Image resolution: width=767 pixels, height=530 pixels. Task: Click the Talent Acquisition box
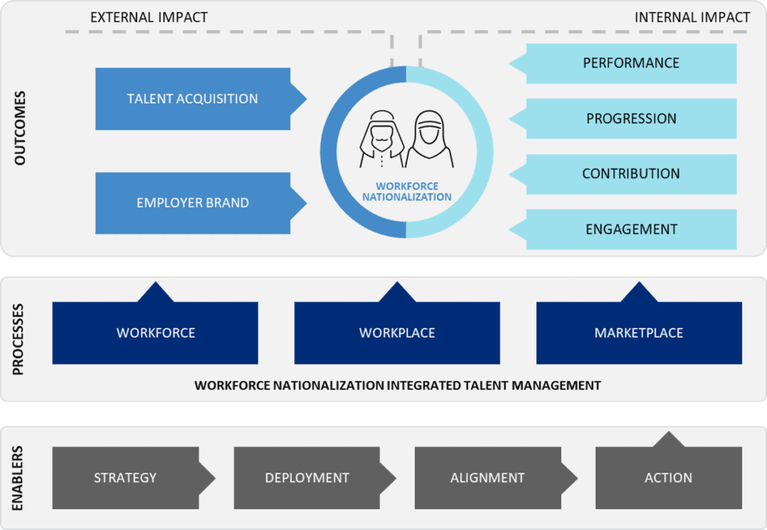coord(192,99)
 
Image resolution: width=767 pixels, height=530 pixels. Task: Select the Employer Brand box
coord(192,203)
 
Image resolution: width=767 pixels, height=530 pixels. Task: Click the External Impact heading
coord(149,18)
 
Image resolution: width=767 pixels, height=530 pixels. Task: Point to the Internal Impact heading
coord(692,18)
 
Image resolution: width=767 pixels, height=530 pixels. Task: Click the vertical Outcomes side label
coord(20,128)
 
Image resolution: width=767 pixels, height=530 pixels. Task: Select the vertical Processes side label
coord(18,339)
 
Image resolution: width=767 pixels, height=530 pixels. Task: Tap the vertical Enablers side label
coord(18,478)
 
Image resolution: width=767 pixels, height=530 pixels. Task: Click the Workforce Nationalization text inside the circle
coord(407,192)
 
